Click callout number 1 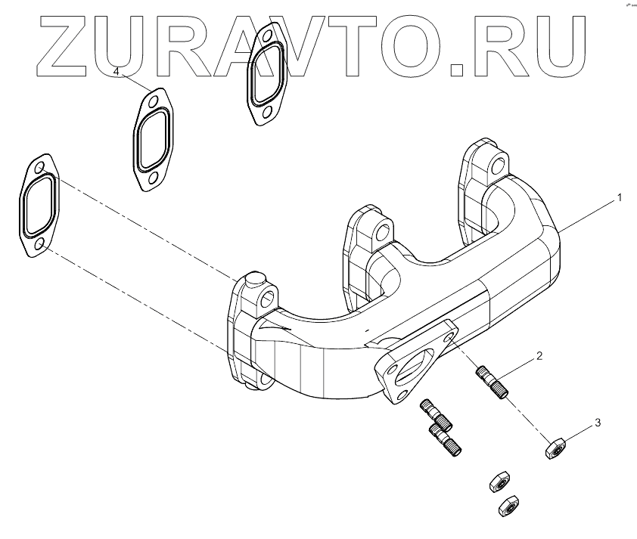(x=619, y=198)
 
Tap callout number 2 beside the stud (x=539, y=355)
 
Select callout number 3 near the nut (x=597, y=423)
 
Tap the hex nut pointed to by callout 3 (x=555, y=448)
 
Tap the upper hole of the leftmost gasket (x=40, y=169)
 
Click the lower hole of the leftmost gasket (x=39, y=243)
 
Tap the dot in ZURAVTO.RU (x=458, y=70)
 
